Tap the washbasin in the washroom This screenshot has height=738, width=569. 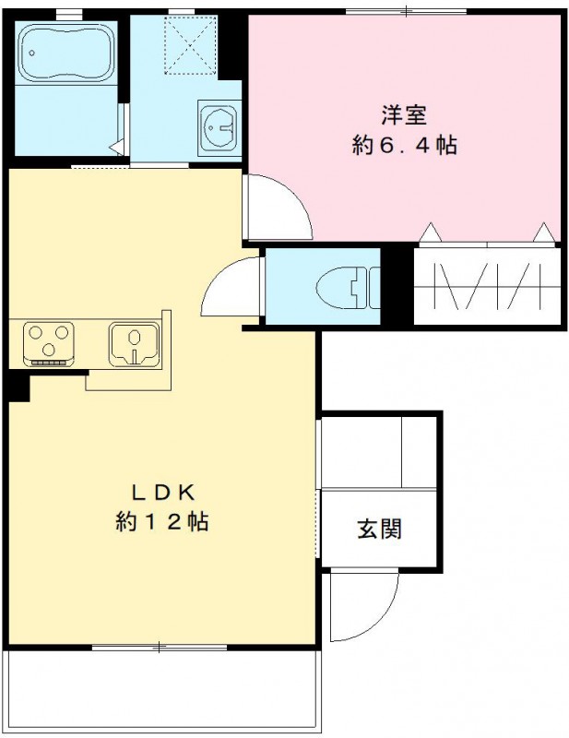tap(219, 124)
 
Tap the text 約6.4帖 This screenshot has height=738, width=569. tap(404, 145)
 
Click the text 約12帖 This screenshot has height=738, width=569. tap(161, 521)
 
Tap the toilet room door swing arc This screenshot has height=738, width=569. tap(231, 291)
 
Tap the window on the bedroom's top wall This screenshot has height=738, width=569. tap(405, 11)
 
